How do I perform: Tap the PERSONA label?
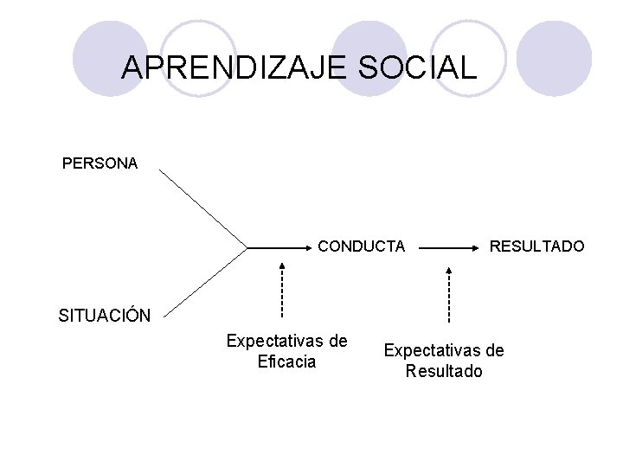coord(100,163)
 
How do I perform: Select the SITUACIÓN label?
coord(105,315)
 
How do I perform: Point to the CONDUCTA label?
coord(362,247)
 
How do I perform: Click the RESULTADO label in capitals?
coord(537,247)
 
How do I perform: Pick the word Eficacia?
coord(287,361)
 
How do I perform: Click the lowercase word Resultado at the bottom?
coord(445,372)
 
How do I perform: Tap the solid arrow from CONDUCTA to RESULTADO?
coord(450,247)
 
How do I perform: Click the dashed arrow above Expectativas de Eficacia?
coord(283,290)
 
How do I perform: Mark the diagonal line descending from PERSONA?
coord(203,208)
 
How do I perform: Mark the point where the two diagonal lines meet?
coord(247,248)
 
